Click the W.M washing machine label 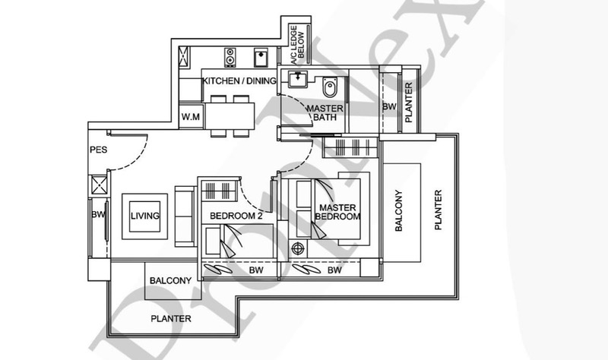pyautogui.click(x=191, y=116)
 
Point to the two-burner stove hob pyautogui.click(x=230, y=58)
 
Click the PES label pyautogui.click(x=99, y=150)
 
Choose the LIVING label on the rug pyautogui.click(x=145, y=216)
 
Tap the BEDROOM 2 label pyautogui.click(x=236, y=216)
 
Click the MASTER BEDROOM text pyautogui.click(x=337, y=212)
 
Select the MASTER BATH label pyautogui.click(x=325, y=112)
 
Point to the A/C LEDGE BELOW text pyautogui.click(x=298, y=45)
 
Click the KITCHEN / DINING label pyautogui.click(x=239, y=81)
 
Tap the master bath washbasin pyautogui.click(x=298, y=79)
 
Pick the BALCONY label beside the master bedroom pyautogui.click(x=398, y=211)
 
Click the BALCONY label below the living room pyautogui.click(x=170, y=280)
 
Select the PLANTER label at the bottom pyautogui.click(x=171, y=318)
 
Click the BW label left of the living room pyautogui.click(x=98, y=214)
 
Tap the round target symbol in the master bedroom pyautogui.click(x=298, y=248)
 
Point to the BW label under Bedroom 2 pyautogui.click(x=256, y=270)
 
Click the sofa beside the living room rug pyautogui.click(x=185, y=216)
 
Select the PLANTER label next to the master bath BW pyautogui.click(x=409, y=103)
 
